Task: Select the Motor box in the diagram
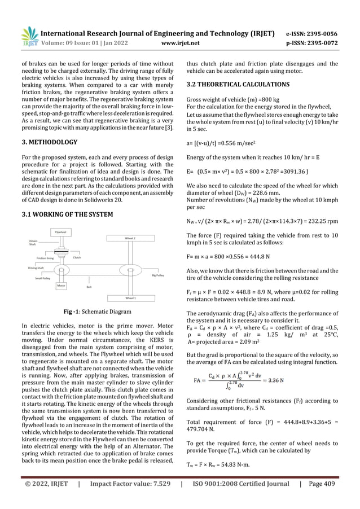tap(62, 286)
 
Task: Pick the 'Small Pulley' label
tap(43, 278)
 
